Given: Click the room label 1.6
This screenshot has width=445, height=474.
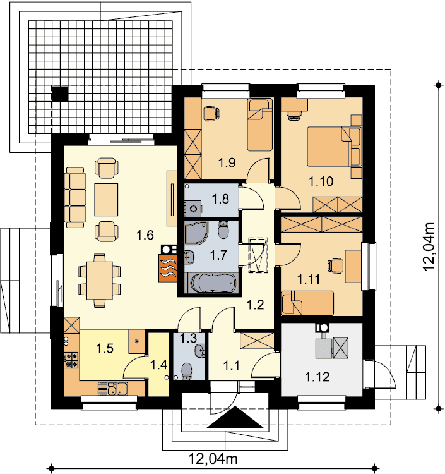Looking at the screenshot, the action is click(x=145, y=235).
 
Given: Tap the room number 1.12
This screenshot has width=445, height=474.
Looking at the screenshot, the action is click(x=317, y=377).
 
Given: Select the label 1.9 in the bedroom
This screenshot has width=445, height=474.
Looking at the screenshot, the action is click(x=227, y=162).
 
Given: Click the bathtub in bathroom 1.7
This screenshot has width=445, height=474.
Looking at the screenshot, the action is click(x=213, y=283).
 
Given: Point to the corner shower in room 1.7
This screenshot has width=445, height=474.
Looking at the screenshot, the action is click(x=196, y=233).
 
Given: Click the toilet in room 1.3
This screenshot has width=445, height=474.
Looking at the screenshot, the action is click(x=187, y=371).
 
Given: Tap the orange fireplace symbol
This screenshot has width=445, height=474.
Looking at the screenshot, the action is click(x=168, y=268).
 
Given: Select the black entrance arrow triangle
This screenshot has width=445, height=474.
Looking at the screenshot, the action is click(x=235, y=418).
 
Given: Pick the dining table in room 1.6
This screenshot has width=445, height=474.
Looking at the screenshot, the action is click(x=100, y=281).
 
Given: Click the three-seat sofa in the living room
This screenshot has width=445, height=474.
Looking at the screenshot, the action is click(x=75, y=198).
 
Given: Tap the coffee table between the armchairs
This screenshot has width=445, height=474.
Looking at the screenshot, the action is click(x=106, y=200).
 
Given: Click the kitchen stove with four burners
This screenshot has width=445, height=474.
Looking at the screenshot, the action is click(x=71, y=360).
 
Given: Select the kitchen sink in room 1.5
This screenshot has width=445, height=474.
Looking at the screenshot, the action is click(x=113, y=389).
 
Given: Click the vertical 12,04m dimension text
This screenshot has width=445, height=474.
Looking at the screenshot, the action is click(x=429, y=247).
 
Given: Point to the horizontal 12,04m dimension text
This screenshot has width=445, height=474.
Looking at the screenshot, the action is click(x=213, y=459).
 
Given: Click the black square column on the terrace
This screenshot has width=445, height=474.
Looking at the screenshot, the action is click(x=59, y=93).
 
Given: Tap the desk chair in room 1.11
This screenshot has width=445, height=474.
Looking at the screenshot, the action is click(x=335, y=265).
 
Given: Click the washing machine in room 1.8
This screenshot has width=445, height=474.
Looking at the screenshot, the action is click(x=193, y=209).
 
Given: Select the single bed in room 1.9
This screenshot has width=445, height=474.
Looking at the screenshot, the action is click(x=259, y=125).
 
